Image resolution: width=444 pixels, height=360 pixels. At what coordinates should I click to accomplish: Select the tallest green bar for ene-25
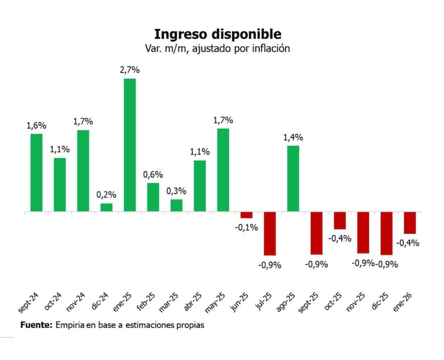pos(130,144)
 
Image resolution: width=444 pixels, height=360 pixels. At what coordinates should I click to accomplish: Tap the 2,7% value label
pos(130,70)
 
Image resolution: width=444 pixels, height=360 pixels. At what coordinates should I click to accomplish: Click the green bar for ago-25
pos(293,179)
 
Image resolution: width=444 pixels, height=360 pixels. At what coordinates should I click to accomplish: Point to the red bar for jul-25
pos(270,233)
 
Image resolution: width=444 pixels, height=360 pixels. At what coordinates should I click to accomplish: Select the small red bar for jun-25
pos(246,215)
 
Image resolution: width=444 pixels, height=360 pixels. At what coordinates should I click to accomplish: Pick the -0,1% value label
pos(246,227)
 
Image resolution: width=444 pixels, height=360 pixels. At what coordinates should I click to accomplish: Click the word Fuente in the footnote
pos(36,325)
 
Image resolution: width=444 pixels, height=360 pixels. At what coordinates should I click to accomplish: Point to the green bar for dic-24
pos(106,207)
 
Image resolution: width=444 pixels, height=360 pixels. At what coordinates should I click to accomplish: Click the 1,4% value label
pos(293,137)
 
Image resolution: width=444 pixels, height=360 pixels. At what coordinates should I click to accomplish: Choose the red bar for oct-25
pos(340,220)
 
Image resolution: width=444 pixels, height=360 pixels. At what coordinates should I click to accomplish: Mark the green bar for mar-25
pos(176,205)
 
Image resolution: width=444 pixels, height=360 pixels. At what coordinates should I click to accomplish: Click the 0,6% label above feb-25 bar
pos(153,175)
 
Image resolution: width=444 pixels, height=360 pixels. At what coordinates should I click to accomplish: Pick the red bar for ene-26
pos(410,222)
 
